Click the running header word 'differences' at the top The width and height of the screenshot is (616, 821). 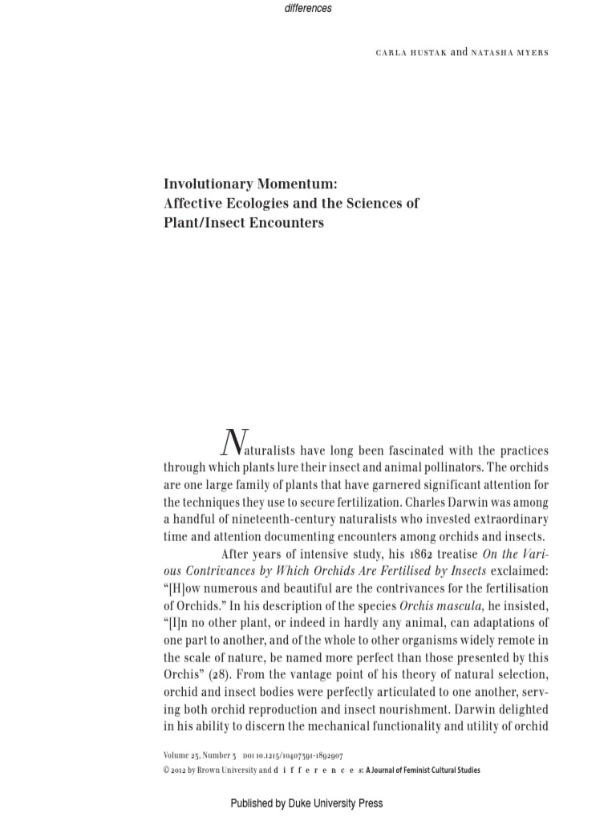tap(308, 8)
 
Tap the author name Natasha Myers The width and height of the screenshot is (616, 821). tap(509, 53)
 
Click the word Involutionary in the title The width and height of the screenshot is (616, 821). tap(208, 184)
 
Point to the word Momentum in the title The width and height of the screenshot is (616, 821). tap(291, 184)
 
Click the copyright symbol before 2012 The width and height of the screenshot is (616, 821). tap(166, 770)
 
